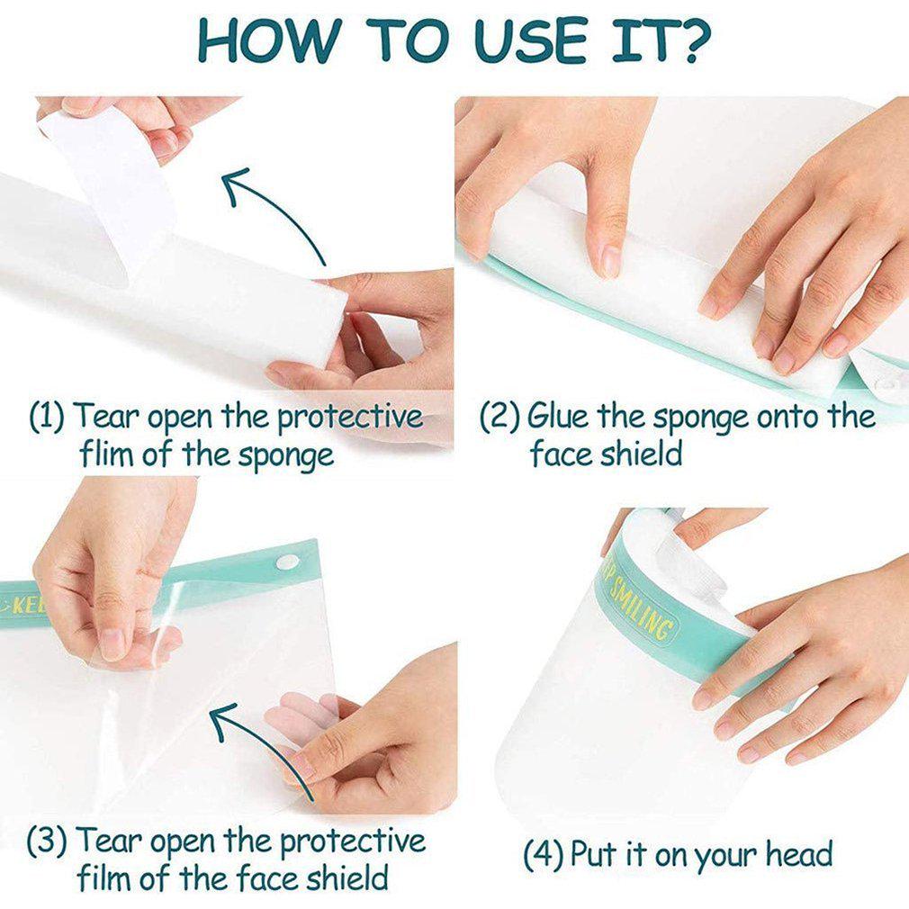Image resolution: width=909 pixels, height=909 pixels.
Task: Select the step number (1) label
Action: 47,416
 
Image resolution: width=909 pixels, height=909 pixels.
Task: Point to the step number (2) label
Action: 499,416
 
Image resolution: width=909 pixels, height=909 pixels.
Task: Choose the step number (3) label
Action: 47,841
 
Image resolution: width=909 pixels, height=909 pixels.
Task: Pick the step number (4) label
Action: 544,854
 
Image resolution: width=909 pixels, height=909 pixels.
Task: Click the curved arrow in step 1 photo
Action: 272,210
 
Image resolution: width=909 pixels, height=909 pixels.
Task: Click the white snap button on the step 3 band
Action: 287,562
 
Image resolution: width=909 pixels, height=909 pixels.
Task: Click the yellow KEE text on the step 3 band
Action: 24,607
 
